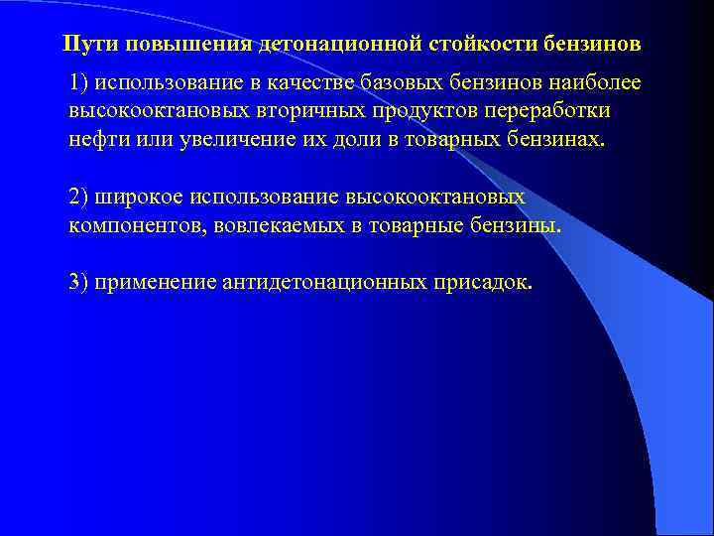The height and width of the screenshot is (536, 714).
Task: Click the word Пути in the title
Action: click(85, 45)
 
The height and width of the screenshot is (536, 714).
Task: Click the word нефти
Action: click(97, 139)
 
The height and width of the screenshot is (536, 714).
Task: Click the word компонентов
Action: click(127, 225)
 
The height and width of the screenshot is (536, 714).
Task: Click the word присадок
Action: click(482, 282)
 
